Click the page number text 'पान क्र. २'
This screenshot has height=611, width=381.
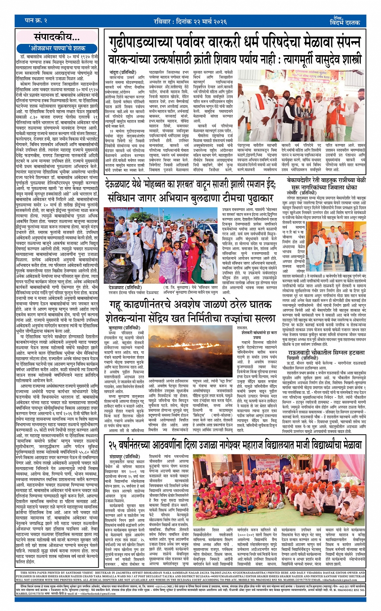coord(36,20)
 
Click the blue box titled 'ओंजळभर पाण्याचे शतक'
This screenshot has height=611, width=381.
coord(57,48)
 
